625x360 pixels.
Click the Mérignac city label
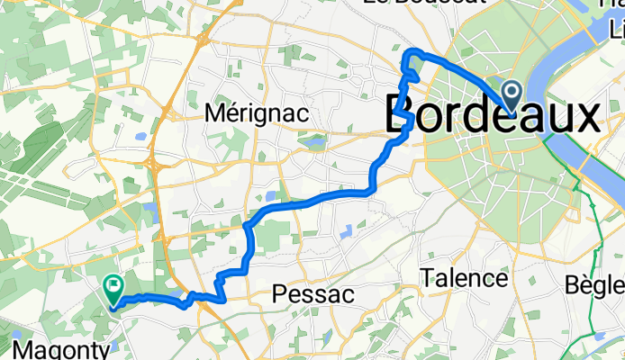pos(257,113)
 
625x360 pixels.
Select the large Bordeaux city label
pos(492,116)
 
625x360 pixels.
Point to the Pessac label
pos(312,294)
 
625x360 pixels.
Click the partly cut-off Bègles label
pos(598,285)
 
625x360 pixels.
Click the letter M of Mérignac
pos(216,113)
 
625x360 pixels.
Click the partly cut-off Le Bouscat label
pos(422,3)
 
